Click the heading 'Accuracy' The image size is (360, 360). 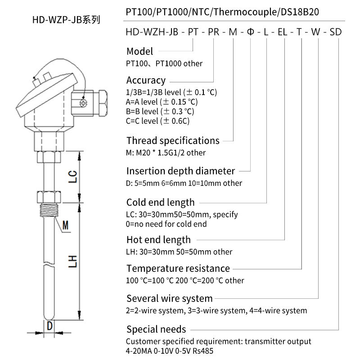tap(146, 81)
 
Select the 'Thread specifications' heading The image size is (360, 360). tap(173, 140)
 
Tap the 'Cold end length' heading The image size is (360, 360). tap(160, 202)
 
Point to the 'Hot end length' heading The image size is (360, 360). tap(158, 240)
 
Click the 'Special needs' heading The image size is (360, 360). tap(156, 329)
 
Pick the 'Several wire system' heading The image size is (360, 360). tap(169, 298)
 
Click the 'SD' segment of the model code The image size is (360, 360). tap(336, 32)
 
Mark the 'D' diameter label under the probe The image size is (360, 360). tap(50, 325)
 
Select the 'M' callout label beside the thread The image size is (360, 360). tap(66, 224)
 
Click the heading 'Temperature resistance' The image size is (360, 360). tap(178, 269)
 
